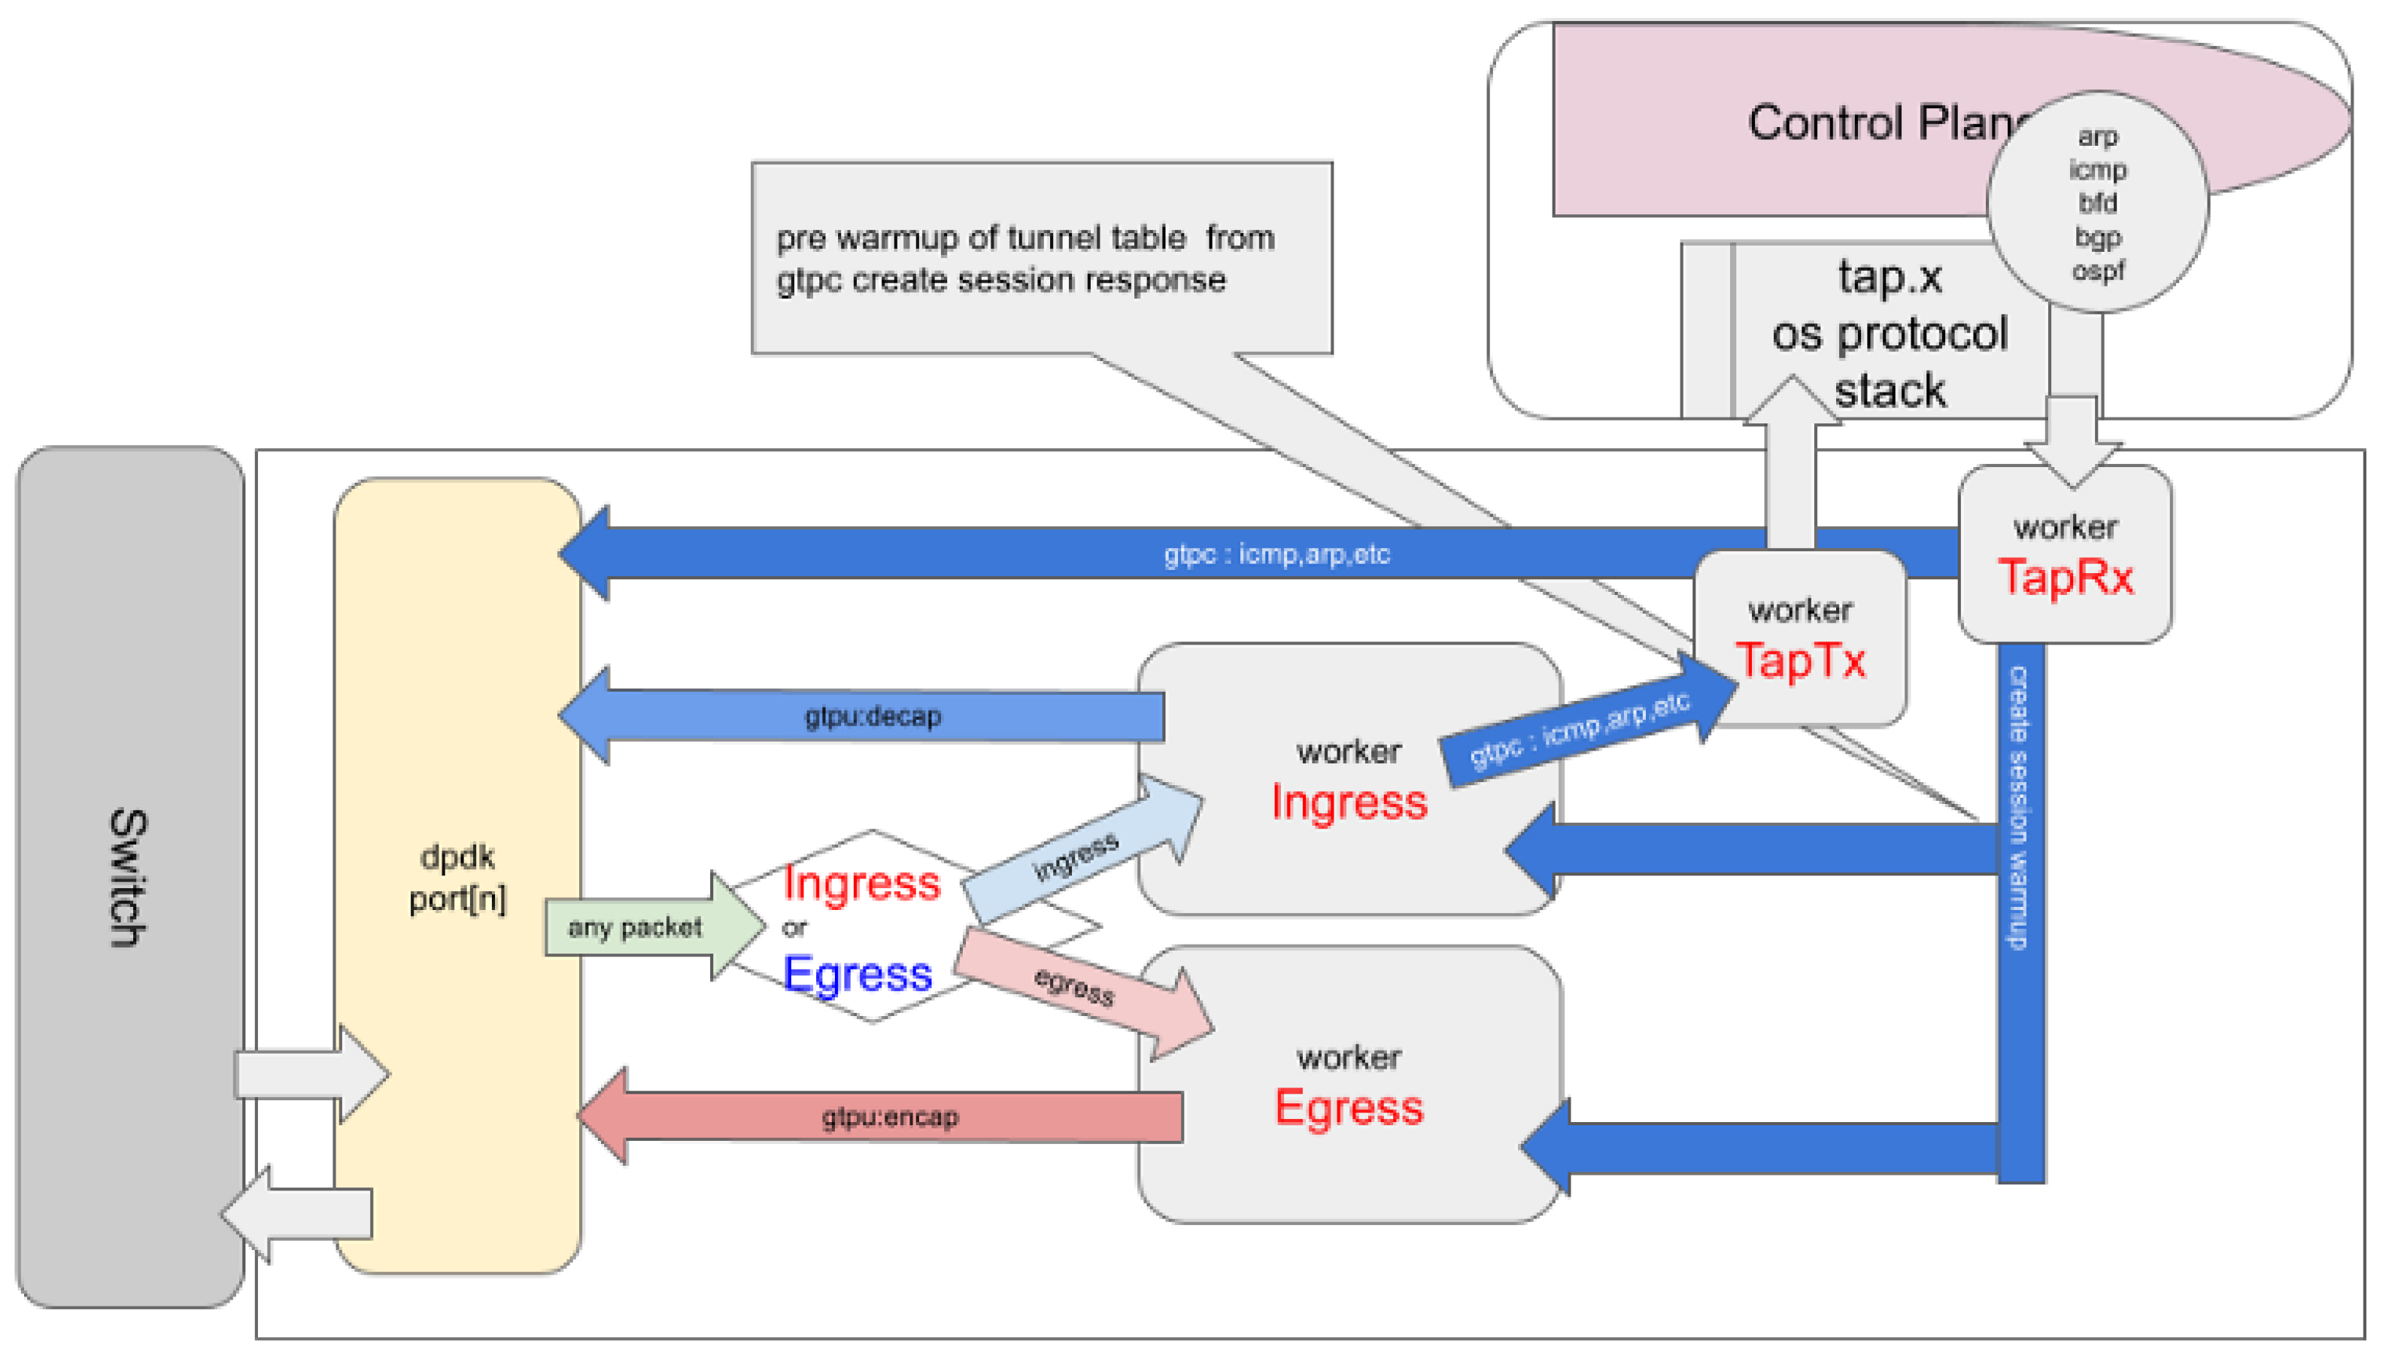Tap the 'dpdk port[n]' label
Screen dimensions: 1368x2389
457,878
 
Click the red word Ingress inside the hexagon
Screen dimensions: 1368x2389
861,883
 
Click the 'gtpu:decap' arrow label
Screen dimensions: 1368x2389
873,717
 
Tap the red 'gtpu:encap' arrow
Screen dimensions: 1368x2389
890,1117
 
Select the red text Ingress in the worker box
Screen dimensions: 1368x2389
1349,802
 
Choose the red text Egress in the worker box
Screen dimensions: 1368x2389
1349,1108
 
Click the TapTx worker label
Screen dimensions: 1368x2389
1800,660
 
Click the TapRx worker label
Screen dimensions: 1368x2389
2065,576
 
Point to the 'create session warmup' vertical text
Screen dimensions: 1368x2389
2018,808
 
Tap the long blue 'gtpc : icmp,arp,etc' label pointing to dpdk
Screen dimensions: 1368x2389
1276,554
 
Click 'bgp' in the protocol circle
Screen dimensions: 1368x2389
2097,238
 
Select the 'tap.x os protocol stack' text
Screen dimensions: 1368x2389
1890,335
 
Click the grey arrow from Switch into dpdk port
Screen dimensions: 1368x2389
310,1074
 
